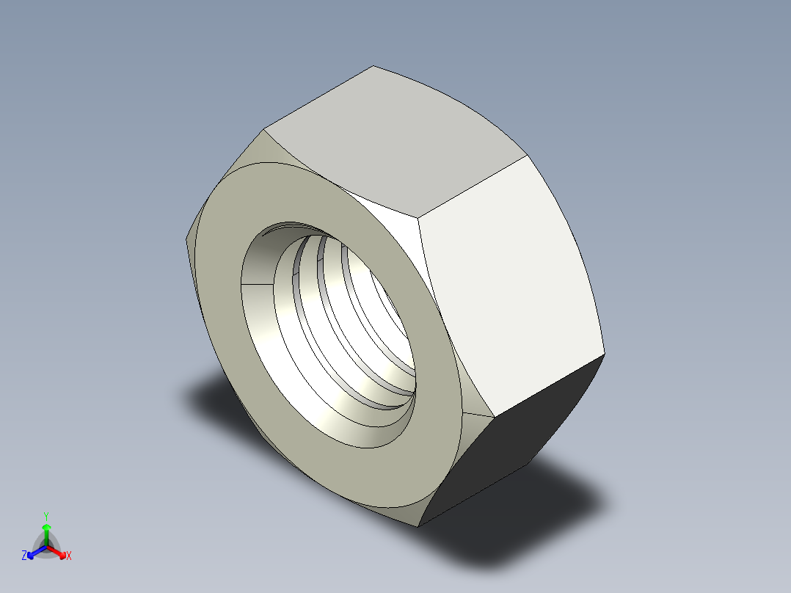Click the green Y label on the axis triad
[45, 515]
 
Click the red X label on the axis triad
[68, 556]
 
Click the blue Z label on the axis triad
[24, 556]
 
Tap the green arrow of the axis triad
[45, 530]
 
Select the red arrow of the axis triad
[59, 551]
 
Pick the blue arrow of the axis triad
[34, 551]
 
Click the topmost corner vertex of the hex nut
[373, 66]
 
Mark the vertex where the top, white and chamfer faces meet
[419, 217]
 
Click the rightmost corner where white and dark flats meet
[605, 354]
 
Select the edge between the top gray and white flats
[474, 186]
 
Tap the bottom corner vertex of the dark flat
[418, 526]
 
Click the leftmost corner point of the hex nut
[184, 239]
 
